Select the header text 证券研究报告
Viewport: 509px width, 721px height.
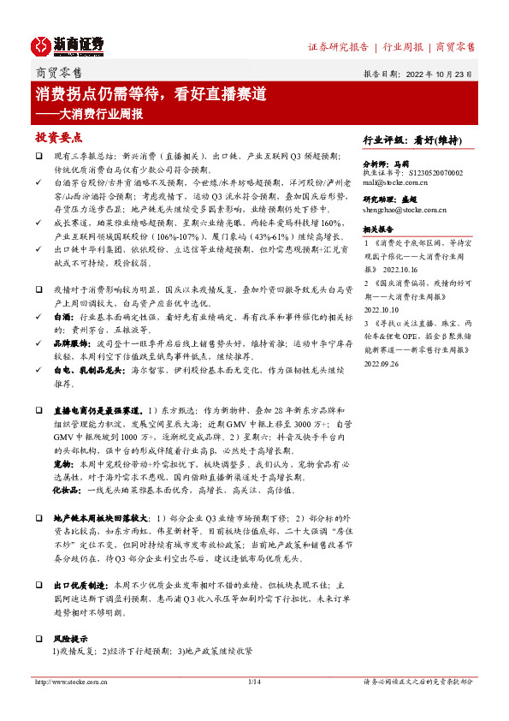(x=337, y=46)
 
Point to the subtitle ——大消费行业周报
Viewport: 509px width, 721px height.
(x=89, y=113)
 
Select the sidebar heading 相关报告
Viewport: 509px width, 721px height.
(x=378, y=229)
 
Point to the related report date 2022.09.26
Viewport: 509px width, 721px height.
(x=382, y=362)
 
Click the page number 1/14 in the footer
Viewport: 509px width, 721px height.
(x=254, y=682)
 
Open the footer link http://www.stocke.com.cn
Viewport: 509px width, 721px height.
(x=69, y=682)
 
